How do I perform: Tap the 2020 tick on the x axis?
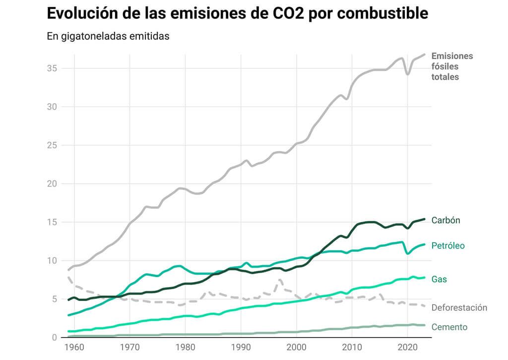[407, 347]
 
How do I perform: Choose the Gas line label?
[439, 280]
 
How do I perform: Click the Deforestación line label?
[459, 308]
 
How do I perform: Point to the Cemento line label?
[449, 327]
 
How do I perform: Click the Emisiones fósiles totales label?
[452, 66]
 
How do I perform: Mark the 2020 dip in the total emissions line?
[407, 74]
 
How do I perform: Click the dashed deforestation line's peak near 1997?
[281, 280]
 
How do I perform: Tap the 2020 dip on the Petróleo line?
[407, 253]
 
